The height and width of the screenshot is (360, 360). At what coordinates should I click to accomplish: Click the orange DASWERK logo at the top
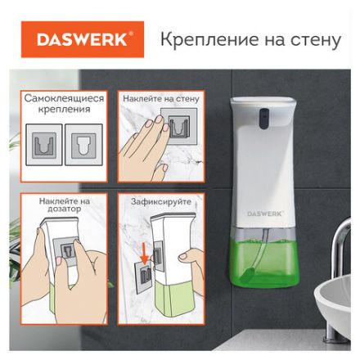[x=81, y=39]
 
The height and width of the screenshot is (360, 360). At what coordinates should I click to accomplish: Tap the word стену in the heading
[x=315, y=39]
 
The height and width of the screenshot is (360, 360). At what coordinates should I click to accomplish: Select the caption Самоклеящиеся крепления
[x=64, y=102]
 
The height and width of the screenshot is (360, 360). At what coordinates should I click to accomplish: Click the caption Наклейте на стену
[x=161, y=98]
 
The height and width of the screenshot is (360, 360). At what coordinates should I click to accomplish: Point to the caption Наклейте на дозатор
[x=64, y=205]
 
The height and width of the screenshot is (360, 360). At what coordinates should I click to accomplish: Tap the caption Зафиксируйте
[x=161, y=200]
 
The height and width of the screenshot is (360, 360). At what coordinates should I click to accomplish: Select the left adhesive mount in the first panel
[x=44, y=146]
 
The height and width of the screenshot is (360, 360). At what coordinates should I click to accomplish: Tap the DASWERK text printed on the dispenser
[x=264, y=214]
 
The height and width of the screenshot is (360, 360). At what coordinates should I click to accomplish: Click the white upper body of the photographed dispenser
[x=263, y=172]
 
